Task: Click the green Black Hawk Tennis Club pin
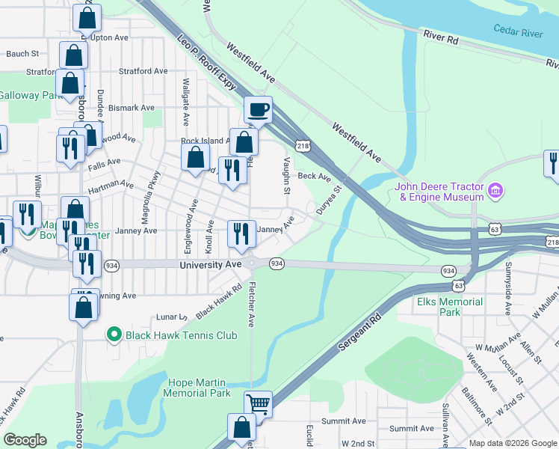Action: [x=114, y=335]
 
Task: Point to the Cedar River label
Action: [x=517, y=31]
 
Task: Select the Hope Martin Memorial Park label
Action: [x=196, y=388]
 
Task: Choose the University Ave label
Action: [x=211, y=266]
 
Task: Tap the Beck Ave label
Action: [x=314, y=177]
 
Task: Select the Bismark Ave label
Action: [x=132, y=108]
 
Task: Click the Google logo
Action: [x=25, y=440]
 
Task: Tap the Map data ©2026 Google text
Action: [x=512, y=443]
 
